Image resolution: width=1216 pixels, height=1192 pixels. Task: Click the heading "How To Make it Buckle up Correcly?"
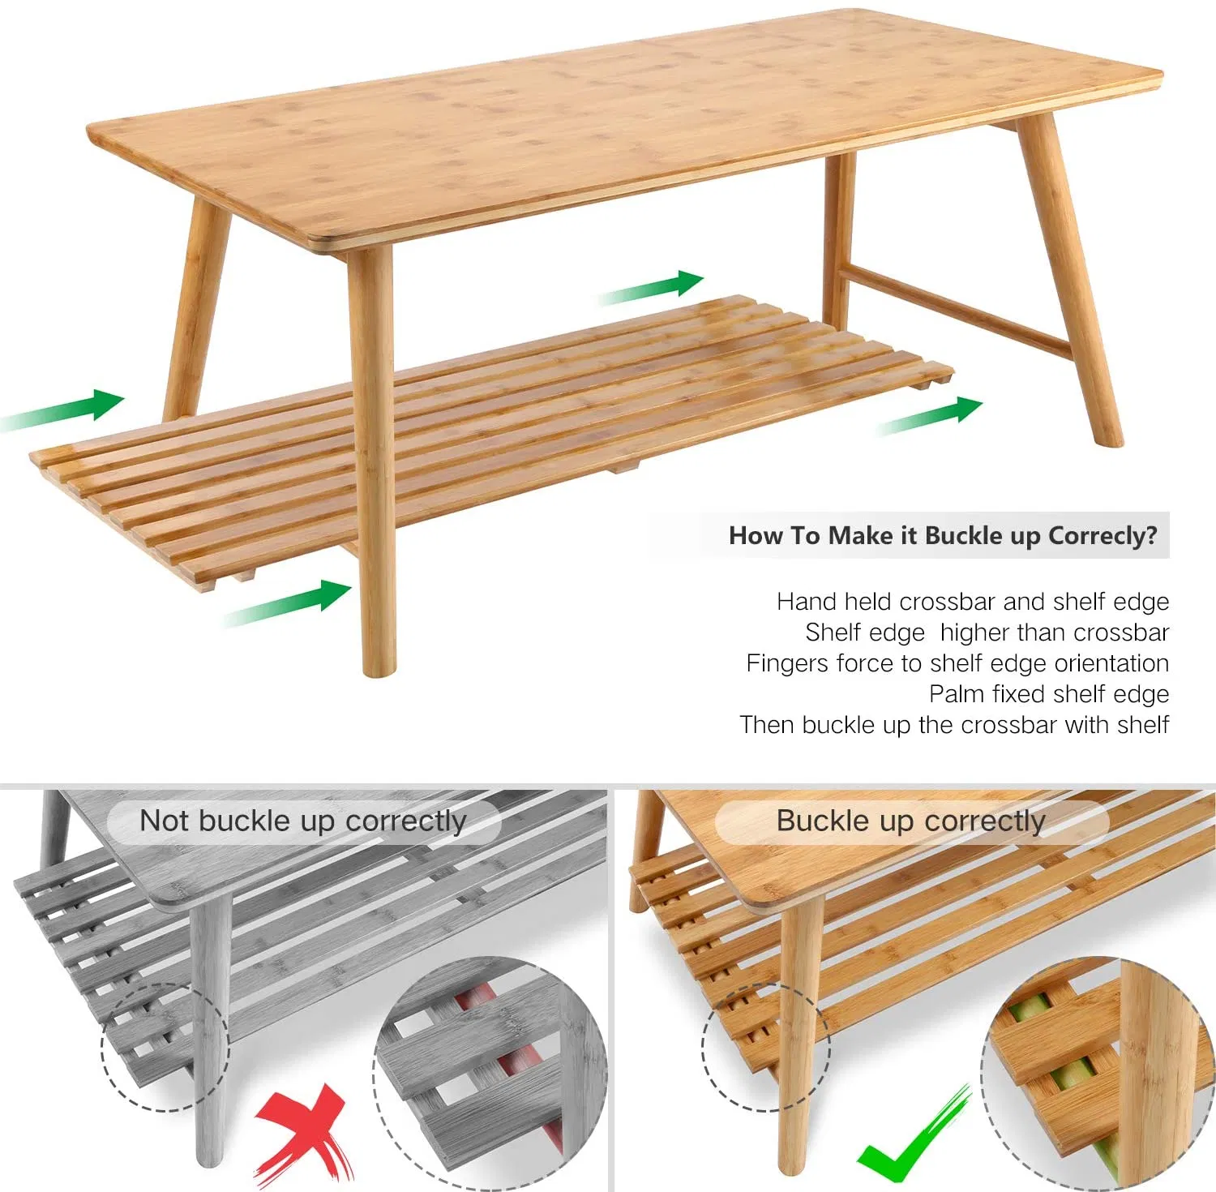943,535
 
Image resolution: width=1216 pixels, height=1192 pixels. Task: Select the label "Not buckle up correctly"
303,821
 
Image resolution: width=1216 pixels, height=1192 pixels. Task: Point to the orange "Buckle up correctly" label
910,821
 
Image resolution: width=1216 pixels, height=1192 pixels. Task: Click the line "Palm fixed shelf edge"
1048,694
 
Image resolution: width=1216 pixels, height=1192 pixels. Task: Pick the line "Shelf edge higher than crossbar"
987,632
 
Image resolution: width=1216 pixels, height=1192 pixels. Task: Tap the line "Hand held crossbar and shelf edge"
972,602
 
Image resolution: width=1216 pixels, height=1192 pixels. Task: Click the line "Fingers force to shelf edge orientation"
957,663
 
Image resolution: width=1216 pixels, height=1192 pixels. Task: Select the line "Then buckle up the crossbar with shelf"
954,725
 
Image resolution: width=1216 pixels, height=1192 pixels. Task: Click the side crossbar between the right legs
957,312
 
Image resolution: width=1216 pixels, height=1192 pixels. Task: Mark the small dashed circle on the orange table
765,1047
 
